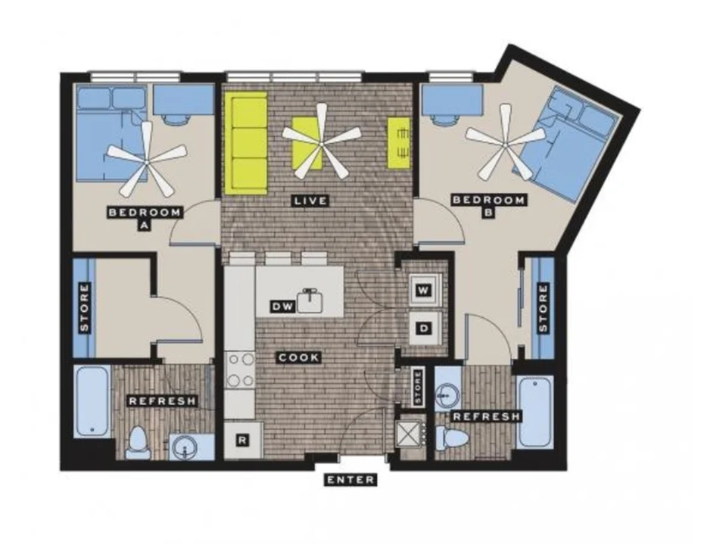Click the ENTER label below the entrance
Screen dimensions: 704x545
tap(350, 480)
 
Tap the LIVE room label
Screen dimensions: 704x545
tap(310, 201)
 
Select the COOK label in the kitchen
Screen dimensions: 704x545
tap(299, 358)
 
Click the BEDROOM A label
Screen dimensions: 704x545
tap(145, 218)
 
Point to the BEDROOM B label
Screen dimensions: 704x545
tap(488, 206)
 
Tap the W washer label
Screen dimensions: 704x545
tap(423, 290)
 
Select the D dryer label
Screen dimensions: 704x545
tap(423, 329)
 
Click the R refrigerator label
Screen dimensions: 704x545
tap(242, 441)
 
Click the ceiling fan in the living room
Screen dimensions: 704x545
tap(320, 142)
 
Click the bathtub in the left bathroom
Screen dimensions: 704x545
tap(92, 401)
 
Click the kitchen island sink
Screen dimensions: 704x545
tap(310, 301)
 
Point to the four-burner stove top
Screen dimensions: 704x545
tap(240, 370)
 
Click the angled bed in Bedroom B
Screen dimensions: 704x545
tap(566, 143)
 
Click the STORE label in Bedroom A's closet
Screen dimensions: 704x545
tap(85, 307)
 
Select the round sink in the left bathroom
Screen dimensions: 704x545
tap(184, 447)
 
